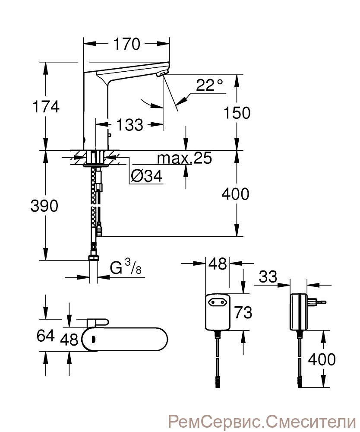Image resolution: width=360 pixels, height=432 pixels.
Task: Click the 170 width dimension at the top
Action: (127, 44)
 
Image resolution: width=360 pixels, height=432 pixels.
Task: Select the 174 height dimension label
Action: (46, 106)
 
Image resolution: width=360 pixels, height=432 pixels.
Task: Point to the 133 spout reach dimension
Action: (129, 124)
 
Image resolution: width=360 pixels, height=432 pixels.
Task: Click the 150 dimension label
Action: (237, 113)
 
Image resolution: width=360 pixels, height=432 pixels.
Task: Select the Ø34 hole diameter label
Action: (147, 176)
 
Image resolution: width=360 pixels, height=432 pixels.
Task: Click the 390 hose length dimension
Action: (44, 206)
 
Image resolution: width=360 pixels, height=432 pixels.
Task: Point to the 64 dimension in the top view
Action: (46, 336)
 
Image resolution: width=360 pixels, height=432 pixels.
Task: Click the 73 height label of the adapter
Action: (243, 312)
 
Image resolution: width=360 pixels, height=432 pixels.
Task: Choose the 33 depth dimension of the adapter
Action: (268, 276)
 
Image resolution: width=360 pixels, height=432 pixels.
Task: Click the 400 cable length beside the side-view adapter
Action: (322, 359)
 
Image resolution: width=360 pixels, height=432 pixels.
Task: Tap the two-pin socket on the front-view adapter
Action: (218, 302)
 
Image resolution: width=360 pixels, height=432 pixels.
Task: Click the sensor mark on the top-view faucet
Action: (93, 340)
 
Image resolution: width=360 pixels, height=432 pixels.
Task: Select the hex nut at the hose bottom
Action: (94, 258)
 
